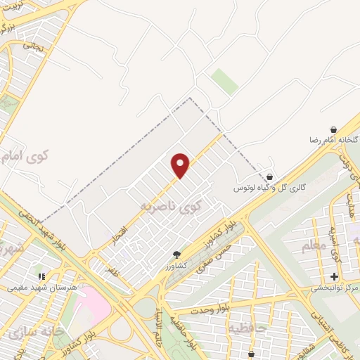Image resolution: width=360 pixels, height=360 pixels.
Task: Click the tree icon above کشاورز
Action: pos(176,255)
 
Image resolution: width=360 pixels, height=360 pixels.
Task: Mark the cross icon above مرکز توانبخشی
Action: pos(335,276)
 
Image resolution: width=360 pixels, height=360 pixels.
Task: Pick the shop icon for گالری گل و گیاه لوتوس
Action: pos(271,176)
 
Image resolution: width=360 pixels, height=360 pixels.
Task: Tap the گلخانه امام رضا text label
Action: pos(330,141)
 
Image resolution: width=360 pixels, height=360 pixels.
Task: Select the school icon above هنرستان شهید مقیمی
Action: pos(41,276)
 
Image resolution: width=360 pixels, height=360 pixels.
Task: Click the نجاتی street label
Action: pos(33,44)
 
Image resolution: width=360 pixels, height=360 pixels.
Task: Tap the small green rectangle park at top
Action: pos(225,81)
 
